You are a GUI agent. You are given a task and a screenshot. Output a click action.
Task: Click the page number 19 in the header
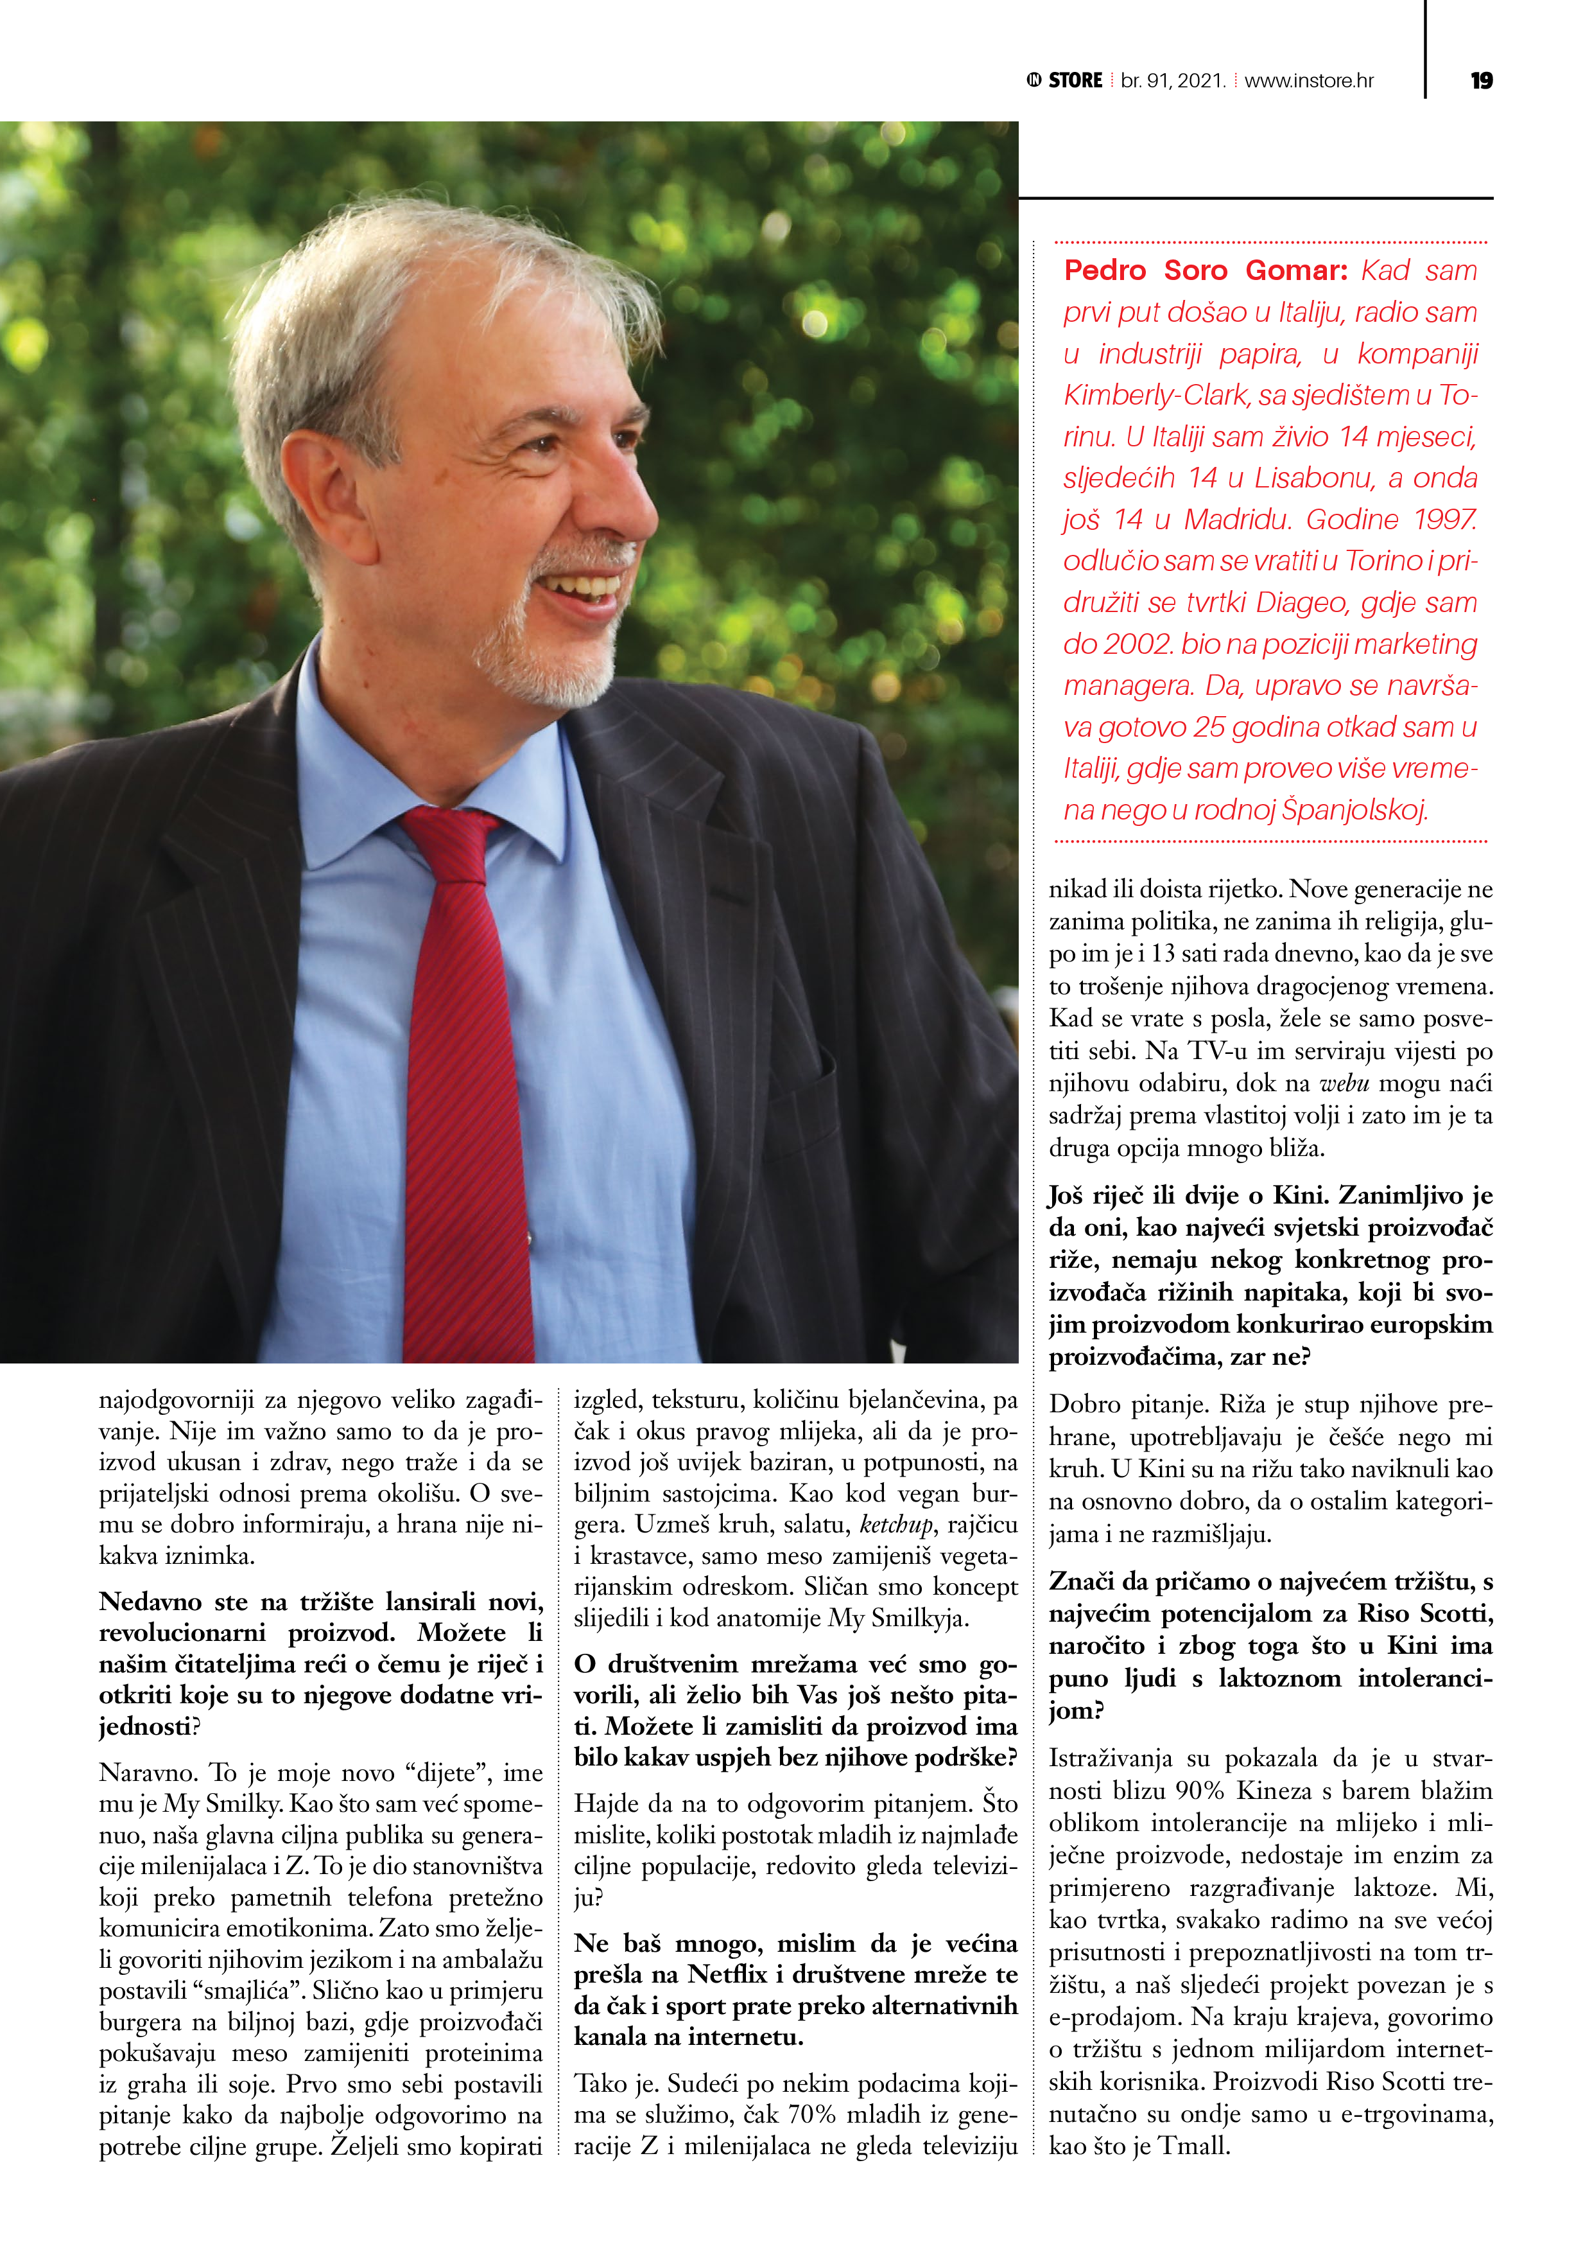(1481, 80)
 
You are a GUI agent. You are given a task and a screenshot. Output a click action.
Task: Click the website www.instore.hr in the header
(1308, 80)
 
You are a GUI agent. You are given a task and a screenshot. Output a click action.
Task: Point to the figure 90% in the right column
(1196, 1791)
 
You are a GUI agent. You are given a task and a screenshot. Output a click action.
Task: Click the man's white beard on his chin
(549, 667)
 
